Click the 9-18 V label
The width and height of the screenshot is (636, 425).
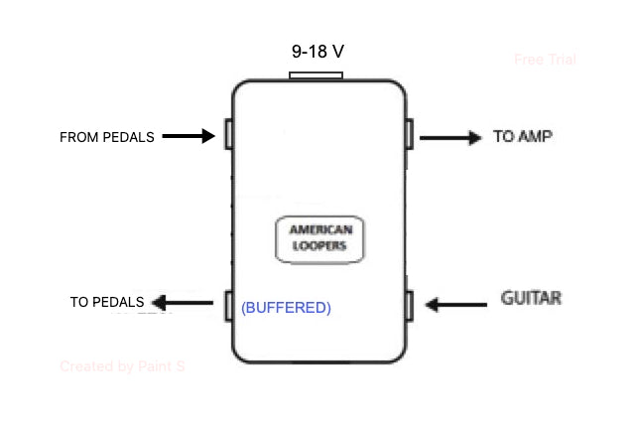(x=317, y=51)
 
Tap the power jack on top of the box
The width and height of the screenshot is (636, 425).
(x=316, y=75)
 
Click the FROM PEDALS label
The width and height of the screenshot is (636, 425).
(x=107, y=137)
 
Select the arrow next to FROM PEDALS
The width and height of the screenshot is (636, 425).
(x=189, y=135)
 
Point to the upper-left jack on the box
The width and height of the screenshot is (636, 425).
(x=228, y=134)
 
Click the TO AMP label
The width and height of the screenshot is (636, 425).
(x=522, y=136)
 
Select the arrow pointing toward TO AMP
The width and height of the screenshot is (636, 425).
(x=449, y=137)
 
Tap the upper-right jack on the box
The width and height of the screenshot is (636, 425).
(x=409, y=133)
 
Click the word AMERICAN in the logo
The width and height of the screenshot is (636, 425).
(x=318, y=229)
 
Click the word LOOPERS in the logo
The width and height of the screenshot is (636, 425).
(x=318, y=246)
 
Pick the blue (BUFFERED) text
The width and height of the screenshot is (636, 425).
(x=286, y=308)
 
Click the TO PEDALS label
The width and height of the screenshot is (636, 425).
(x=107, y=302)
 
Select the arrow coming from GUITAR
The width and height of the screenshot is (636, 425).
(x=456, y=304)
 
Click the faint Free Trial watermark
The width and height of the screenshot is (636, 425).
(x=545, y=60)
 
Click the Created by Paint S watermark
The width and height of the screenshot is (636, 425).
(x=122, y=366)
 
